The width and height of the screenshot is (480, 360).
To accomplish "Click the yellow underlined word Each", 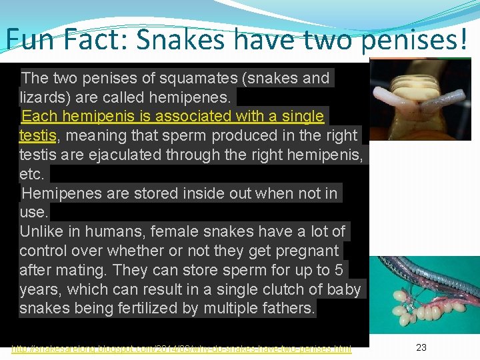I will click(x=37, y=117).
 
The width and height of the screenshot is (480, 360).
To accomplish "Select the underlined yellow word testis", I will click(x=37, y=136).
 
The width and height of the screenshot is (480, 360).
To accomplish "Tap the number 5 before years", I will click(x=339, y=271).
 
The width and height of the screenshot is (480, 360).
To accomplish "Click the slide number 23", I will click(x=421, y=347).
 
